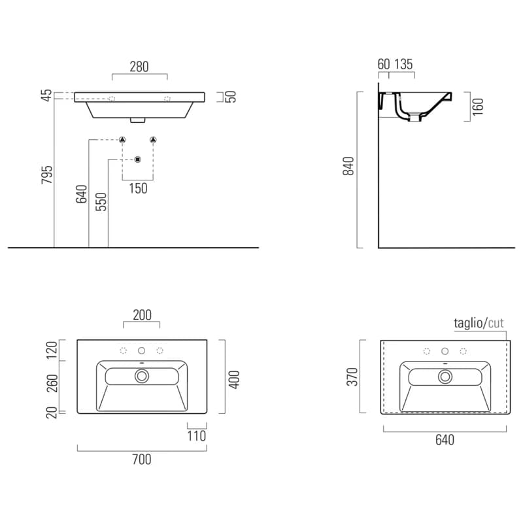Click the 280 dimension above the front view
(139, 67)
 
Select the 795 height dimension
(46, 175)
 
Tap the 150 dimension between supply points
(138, 188)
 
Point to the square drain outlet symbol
(138, 160)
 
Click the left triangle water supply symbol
(122, 140)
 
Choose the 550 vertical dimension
(101, 202)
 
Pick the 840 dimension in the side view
(348, 166)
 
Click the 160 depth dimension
(478, 107)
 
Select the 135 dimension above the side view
(403, 64)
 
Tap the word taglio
(468, 323)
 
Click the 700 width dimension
(142, 460)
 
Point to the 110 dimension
(197, 436)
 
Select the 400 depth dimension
(234, 380)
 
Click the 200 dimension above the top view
(142, 315)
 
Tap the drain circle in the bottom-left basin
(142, 376)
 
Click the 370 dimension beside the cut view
(352, 377)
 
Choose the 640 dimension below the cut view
(445, 440)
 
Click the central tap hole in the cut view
(445, 351)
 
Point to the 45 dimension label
(46, 95)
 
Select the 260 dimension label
(52, 384)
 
